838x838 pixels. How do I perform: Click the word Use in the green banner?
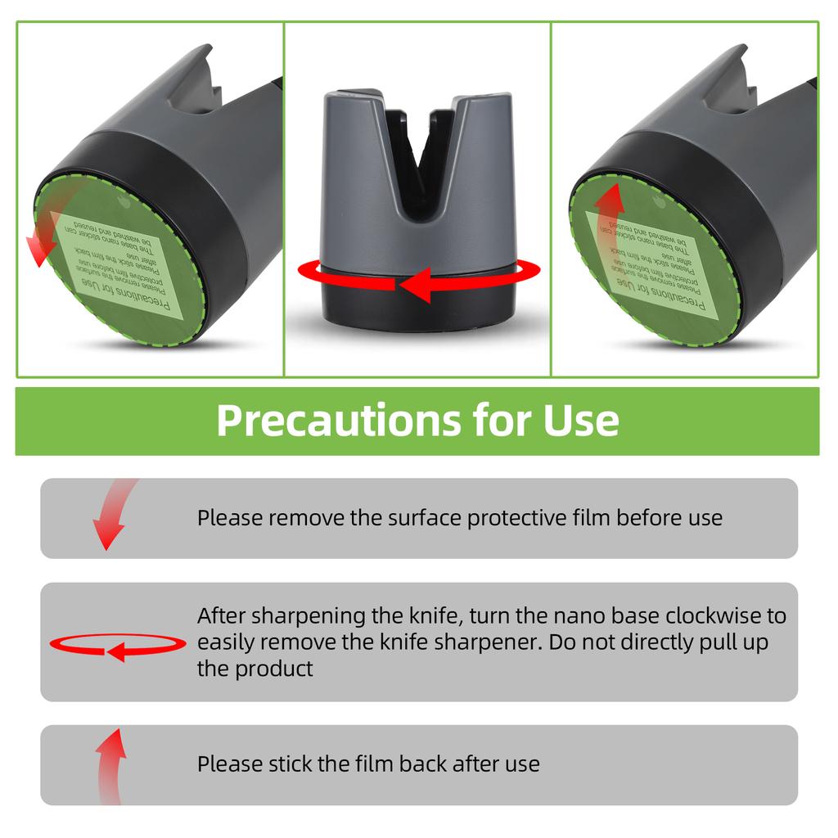click(581, 421)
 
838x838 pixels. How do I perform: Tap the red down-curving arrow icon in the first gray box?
click(110, 519)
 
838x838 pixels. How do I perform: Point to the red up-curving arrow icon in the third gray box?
click(110, 764)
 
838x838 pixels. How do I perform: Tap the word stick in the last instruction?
click(291, 764)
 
